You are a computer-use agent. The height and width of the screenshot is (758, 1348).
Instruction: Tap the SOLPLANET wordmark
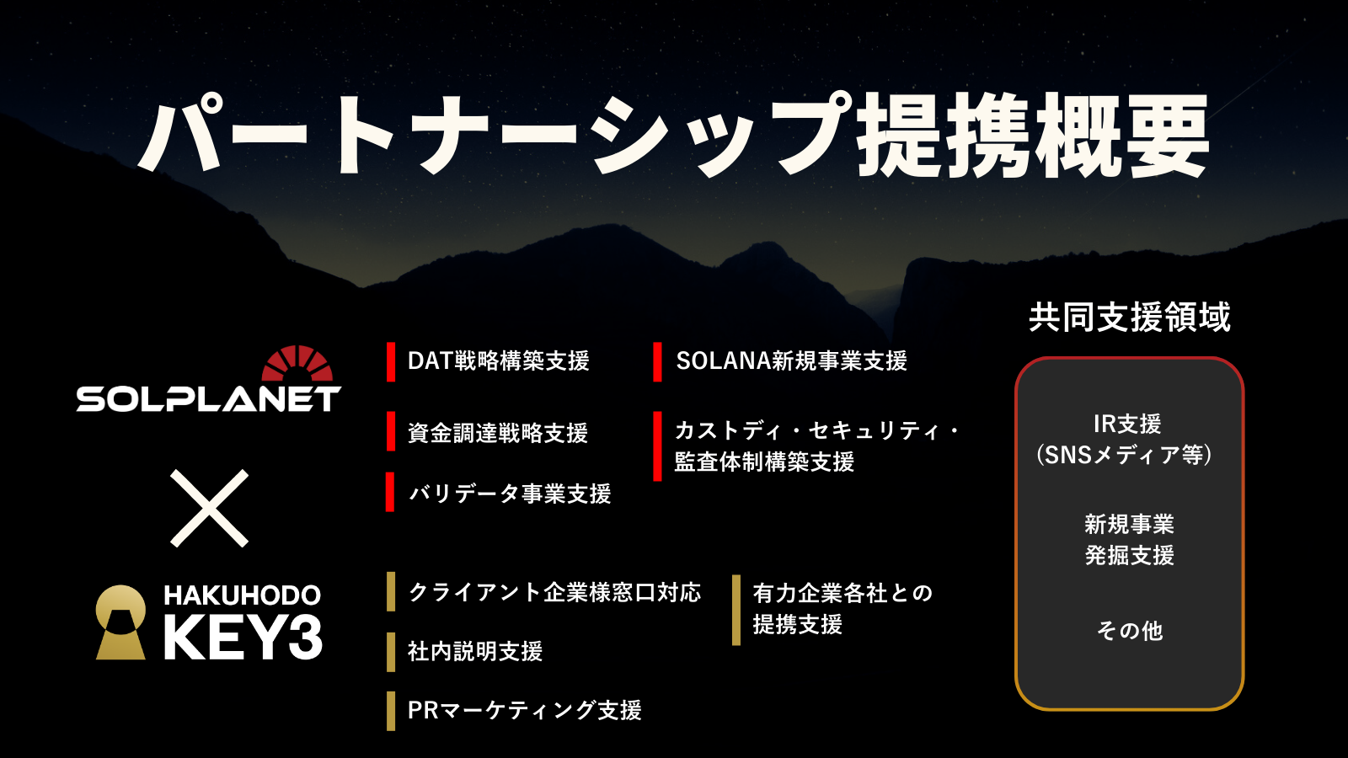(209, 399)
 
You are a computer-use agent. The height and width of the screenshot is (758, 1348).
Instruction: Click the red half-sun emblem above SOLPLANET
(297, 363)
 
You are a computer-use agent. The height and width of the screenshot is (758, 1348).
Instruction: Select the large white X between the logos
(209, 509)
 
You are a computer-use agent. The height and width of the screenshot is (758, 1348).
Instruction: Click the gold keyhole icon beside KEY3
(121, 622)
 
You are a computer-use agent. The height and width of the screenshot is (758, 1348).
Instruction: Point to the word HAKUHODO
(243, 595)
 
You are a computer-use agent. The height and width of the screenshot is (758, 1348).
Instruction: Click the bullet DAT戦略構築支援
(498, 361)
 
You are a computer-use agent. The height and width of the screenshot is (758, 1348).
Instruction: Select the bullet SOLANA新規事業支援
(791, 361)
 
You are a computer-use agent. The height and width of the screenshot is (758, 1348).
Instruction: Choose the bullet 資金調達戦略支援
(498, 433)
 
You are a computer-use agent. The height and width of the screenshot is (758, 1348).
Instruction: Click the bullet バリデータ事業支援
(510, 494)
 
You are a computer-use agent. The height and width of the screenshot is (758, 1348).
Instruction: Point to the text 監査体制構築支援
(764, 462)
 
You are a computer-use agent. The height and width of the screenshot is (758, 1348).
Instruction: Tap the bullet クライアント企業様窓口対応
(554, 593)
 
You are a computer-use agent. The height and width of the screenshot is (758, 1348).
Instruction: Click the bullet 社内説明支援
(475, 652)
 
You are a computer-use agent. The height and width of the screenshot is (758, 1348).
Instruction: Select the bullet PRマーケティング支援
(525, 711)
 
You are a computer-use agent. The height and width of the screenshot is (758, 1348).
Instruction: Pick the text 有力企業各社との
(842, 594)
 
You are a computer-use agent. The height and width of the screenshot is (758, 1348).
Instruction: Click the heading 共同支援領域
(1130, 317)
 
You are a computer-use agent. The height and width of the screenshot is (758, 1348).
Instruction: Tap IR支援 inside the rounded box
(1127, 424)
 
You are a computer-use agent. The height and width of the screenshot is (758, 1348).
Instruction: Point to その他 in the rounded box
(1130, 631)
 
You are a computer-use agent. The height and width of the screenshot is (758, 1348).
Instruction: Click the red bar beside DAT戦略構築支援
(391, 361)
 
